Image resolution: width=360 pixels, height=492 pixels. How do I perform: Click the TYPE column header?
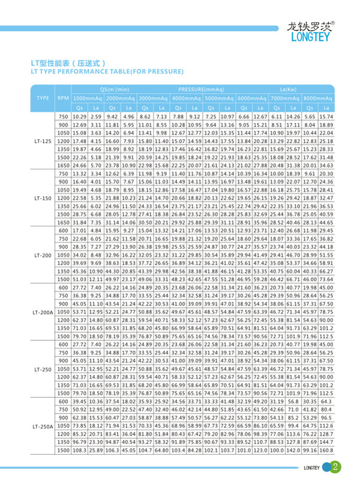tap(43, 97)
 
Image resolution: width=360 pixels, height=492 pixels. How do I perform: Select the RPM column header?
tap(63, 97)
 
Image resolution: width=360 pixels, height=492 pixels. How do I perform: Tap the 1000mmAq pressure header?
tap(88, 97)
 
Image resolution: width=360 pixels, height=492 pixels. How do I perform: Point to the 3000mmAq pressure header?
tap(153, 97)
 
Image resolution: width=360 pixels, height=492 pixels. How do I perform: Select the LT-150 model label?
tap(43, 197)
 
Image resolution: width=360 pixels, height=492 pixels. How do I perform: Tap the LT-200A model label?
tap(43, 313)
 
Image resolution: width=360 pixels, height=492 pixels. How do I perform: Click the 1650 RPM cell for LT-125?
tap(64, 165)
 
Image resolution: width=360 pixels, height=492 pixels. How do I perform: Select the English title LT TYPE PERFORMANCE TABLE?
tap(107, 71)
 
